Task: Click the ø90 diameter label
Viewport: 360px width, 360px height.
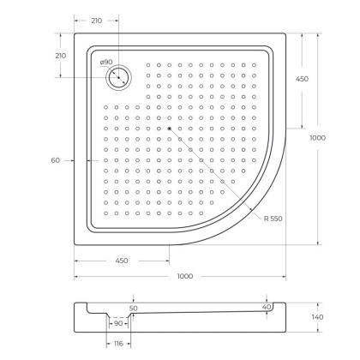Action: click(x=106, y=62)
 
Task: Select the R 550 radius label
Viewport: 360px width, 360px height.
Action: click(x=273, y=219)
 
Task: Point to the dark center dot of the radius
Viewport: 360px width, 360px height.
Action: click(x=171, y=129)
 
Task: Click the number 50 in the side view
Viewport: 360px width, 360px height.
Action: click(x=133, y=308)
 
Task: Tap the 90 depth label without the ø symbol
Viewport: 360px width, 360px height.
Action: click(x=119, y=324)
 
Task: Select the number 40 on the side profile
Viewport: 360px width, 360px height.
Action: click(x=267, y=306)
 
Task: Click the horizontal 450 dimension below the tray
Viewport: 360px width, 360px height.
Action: click(x=121, y=261)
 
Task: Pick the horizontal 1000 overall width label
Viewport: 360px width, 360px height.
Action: click(x=184, y=275)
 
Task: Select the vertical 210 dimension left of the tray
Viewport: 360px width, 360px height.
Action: click(x=60, y=56)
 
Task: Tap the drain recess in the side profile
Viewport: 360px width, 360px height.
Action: click(x=118, y=319)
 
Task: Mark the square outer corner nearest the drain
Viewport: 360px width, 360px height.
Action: click(x=75, y=35)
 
